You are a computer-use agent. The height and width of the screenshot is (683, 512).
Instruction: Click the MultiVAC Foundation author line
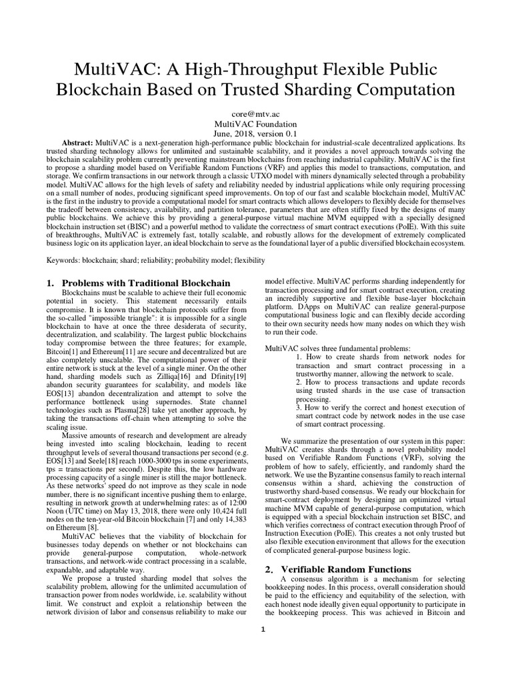256,124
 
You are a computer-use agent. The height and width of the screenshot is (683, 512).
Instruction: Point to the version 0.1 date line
256,134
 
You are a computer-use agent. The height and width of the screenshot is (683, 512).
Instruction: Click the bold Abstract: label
77,144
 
